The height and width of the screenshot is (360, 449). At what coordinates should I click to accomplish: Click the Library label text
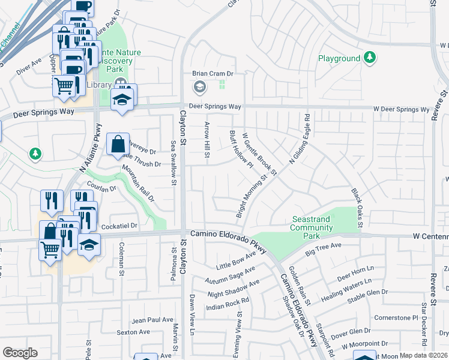99,85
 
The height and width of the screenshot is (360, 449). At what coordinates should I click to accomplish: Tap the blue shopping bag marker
118,145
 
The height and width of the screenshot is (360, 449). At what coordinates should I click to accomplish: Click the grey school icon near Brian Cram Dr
199,88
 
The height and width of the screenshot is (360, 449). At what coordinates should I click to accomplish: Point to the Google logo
20,353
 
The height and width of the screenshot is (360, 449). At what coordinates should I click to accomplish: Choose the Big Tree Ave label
323,250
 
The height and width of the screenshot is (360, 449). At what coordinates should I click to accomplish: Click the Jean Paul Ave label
152,320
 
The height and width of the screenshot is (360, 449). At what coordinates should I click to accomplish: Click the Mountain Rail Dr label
139,185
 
